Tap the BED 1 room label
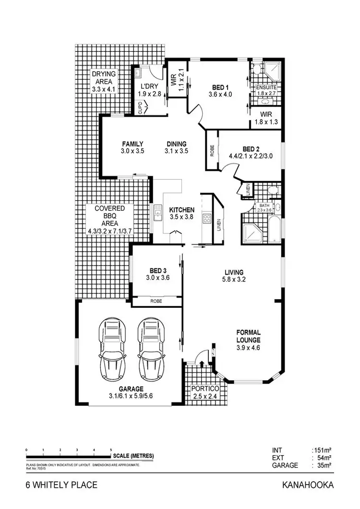click(x=220, y=87)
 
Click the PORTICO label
click(x=205, y=388)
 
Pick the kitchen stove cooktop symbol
click(x=207, y=219)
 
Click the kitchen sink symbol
click(x=157, y=212)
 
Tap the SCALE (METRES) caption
click(x=134, y=456)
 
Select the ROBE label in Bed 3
click(x=156, y=301)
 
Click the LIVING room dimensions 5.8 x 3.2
click(x=234, y=280)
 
